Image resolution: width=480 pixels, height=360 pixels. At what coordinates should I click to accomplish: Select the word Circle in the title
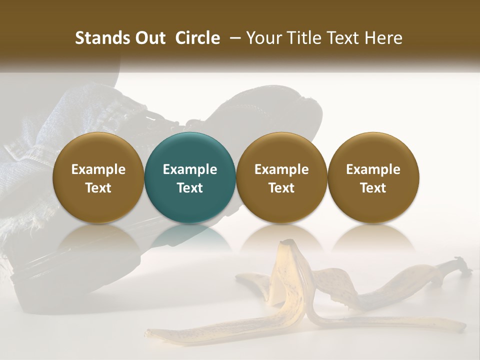tap(197, 38)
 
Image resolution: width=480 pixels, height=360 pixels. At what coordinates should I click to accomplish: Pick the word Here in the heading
tap(383, 38)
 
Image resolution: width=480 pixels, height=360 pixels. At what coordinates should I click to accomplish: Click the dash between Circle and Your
tap(233, 38)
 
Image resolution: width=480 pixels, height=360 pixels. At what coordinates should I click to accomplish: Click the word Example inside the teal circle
tap(190, 169)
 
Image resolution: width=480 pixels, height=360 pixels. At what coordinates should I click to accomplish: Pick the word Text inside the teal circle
tap(190, 188)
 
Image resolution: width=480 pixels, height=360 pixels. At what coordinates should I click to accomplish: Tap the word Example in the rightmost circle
tap(373, 169)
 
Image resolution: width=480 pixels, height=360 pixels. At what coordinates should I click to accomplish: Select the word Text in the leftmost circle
tap(98, 188)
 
